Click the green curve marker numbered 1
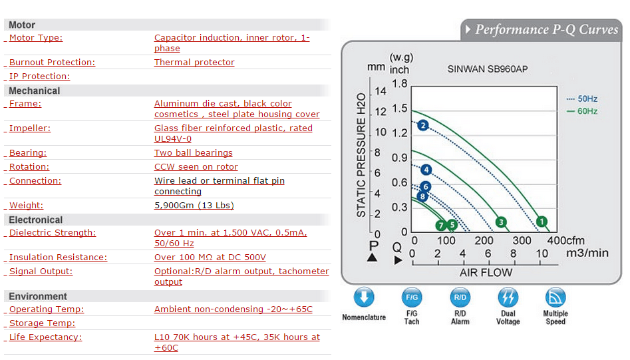pos(542,222)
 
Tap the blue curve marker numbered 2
pos(422,126)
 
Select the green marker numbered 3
pos(501,222)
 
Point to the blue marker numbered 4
pos(426,170)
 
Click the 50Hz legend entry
pos(582,99)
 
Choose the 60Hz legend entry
pos(582,111)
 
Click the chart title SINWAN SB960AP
pos(488,69)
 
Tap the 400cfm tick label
pos(565,240)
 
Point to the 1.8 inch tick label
pos(400,84)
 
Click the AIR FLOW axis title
pos(486,273)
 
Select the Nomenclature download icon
pos(364,297)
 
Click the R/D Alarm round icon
pos(460,297)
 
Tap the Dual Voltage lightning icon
pos(508,297)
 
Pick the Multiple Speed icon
pos(555,297)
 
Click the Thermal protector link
pos(194,63)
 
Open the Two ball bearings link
pos(194,152)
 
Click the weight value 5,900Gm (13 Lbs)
pos(194,206)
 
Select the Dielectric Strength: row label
pos(53,233)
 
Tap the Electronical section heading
pos(36,220)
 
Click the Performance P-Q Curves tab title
pos(547,29)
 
